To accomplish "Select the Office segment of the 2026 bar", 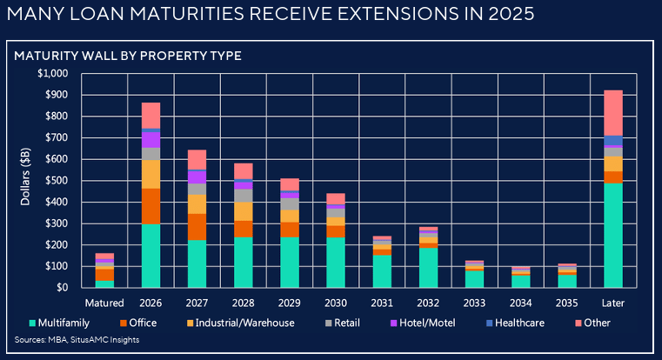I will click(x=150, y=206).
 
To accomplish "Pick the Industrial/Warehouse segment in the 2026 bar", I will click(x=150, y=174).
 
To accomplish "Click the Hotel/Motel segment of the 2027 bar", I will click(x=197, y=177).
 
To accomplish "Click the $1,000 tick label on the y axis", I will click(x=53, y=73).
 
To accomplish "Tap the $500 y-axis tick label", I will click(x=57, y=180).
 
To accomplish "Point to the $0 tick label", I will click(x=63, y=287).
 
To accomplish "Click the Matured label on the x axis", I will click(x=104, y=303).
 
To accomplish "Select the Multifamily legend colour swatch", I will click(x=31, y=323).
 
